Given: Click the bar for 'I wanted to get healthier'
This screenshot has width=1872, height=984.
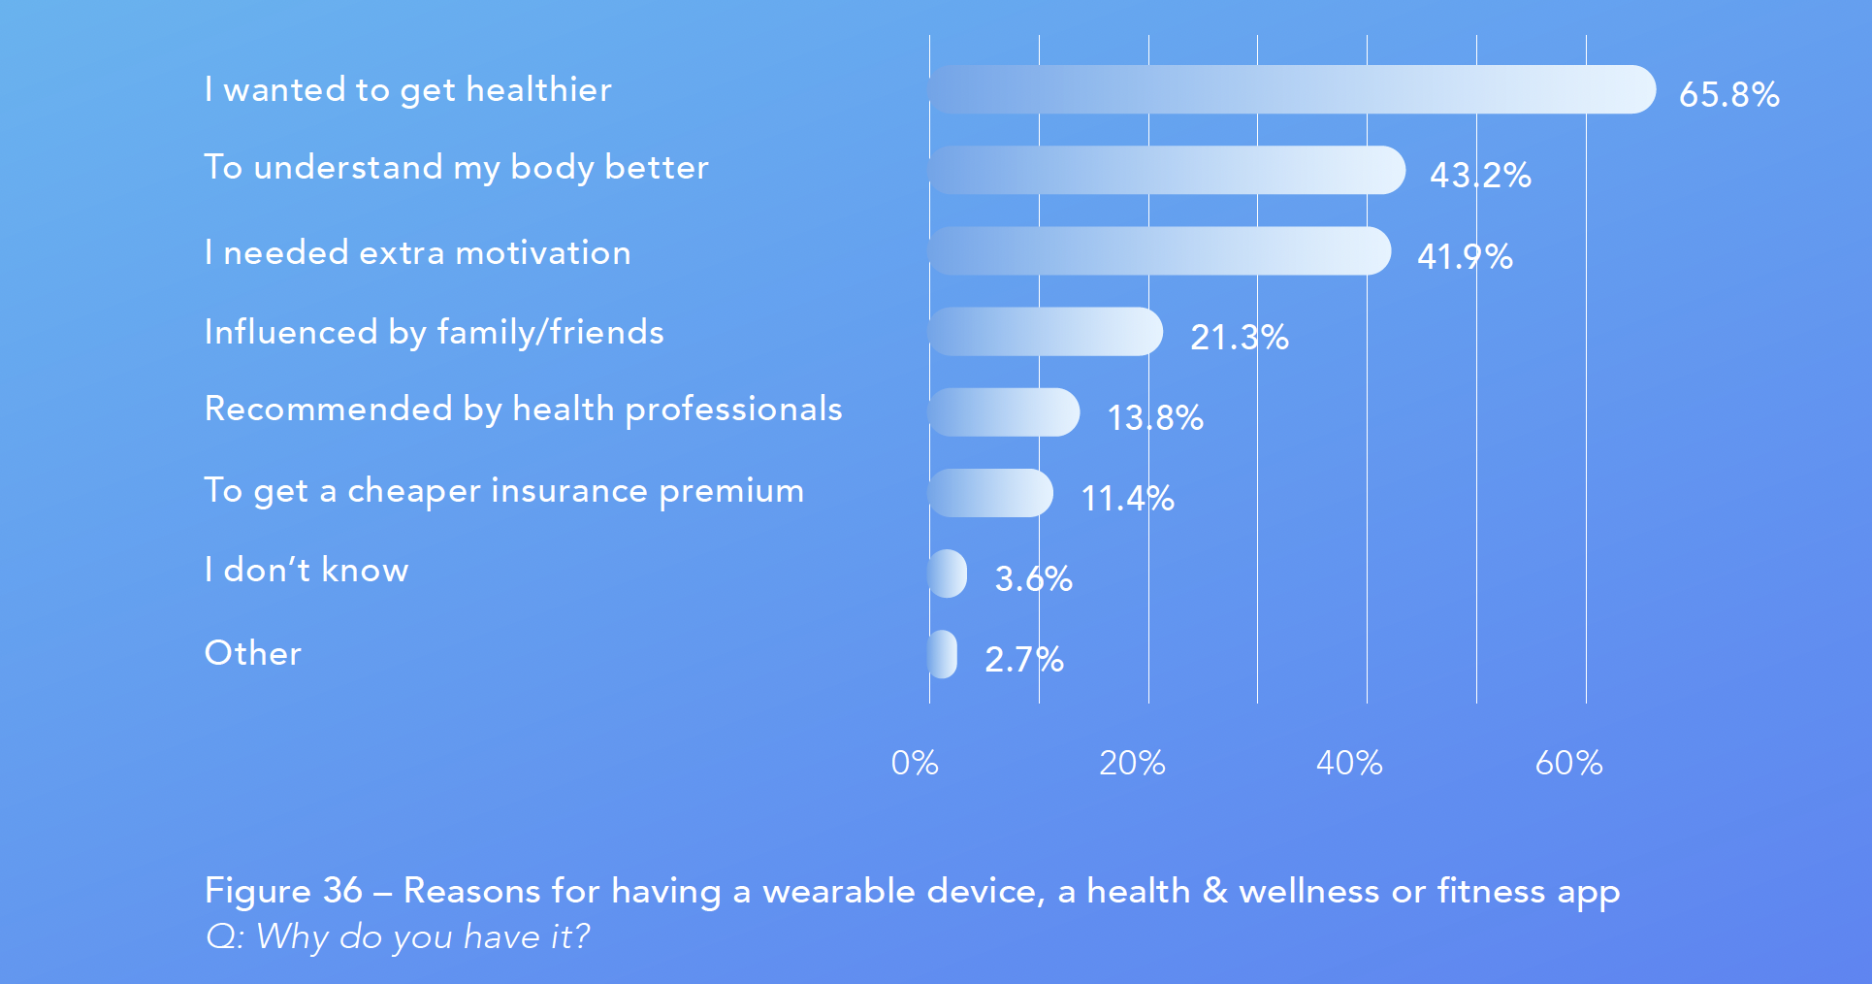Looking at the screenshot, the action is [1292, 89].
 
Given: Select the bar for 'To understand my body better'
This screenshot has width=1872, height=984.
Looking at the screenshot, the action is [1167, 170].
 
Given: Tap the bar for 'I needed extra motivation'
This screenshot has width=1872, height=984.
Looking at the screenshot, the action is [1160, 250].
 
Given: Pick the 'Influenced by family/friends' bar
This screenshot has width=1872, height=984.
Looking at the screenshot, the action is [1046, 332].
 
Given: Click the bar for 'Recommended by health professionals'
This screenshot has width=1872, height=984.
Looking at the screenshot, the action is [1004, 412].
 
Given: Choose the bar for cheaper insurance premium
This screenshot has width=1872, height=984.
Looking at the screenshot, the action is [990, 493].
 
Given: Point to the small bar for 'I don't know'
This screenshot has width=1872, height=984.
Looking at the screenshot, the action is [948, 574].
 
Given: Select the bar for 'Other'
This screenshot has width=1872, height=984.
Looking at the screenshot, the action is [943, 654].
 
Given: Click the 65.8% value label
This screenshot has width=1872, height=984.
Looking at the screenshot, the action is [1729, 94].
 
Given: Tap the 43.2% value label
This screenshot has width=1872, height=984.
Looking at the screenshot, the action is [1480, 175].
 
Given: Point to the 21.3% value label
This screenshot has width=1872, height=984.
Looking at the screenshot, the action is [1240, 337].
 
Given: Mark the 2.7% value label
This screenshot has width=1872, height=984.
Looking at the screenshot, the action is [1024, 659].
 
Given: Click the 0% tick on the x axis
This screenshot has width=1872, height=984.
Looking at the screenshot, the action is [915, 763].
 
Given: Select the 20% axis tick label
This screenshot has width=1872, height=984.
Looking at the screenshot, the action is [1132, 763].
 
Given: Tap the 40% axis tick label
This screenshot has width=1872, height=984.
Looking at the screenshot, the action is [1349, 763].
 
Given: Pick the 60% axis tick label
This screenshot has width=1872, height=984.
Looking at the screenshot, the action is [1568, 763].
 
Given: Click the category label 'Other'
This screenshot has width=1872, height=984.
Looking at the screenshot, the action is [253, 653].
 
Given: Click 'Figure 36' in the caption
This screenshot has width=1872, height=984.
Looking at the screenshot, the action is [283, 890].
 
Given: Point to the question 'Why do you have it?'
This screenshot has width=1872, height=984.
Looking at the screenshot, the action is [423, 936].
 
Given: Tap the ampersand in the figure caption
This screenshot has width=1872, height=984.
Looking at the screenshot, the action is [1215, 890].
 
